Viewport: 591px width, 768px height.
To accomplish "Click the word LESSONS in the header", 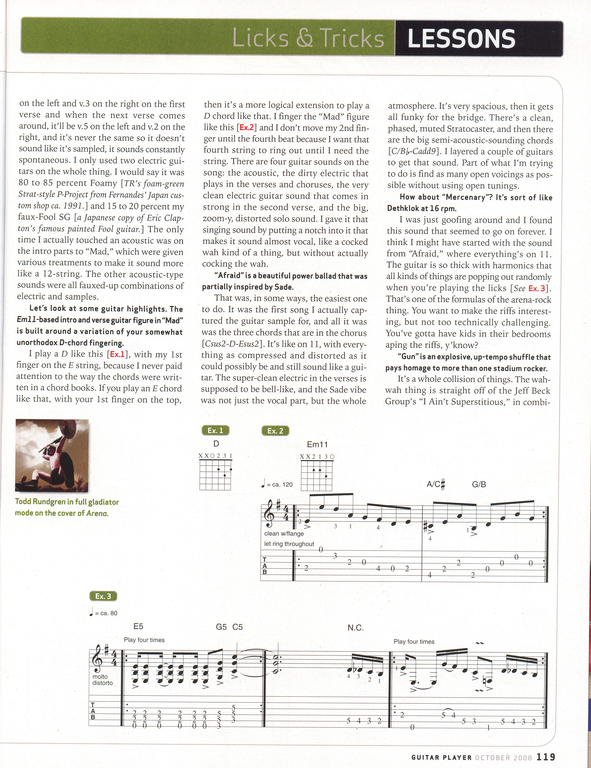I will [x=461, y=38].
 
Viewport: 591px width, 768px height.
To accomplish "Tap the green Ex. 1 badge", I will [x=215, y=431].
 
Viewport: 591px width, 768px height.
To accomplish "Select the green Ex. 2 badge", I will [x=275, y=431].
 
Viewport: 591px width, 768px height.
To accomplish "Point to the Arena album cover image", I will [x=52, y=455].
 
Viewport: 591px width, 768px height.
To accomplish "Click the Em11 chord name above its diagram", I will [x=317, y=444].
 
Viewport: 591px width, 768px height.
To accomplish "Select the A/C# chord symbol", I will [x=436, y=484].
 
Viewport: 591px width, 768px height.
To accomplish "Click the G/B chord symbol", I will [x=479, y=484].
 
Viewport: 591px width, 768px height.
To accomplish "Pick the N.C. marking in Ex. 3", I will [x=355, y=628].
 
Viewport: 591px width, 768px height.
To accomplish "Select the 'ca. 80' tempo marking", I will [x=106, y=613].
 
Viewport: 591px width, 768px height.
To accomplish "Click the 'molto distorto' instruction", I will [x=102, y=680].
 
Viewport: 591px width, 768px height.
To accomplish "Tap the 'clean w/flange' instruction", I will [x=284, y=534].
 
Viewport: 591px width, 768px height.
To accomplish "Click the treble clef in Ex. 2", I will [x=270, y=517].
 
